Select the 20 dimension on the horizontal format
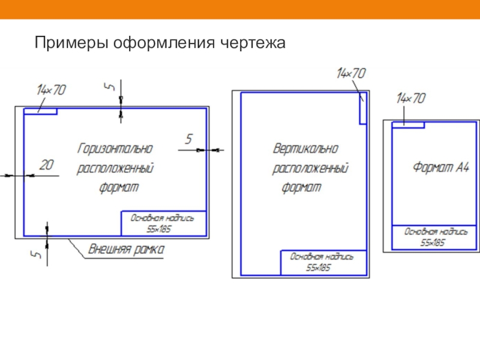tap(46, 164)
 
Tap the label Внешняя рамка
tap(127, 248)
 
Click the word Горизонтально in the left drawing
tap(115, 148)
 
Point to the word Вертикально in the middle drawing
tap(305, 148)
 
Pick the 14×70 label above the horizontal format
tap(51, 90)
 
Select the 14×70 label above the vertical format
tap(351, 74)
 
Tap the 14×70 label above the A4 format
tap(412, 98)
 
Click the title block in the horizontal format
tap(164, 223)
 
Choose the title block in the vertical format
tap(323, 262)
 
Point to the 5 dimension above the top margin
tap(109, 87)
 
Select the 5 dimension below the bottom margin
tap(36, 255)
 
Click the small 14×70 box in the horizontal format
tap(40, 112)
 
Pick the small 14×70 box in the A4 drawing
tap(408, 125)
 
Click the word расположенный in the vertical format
tap(310, 169)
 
